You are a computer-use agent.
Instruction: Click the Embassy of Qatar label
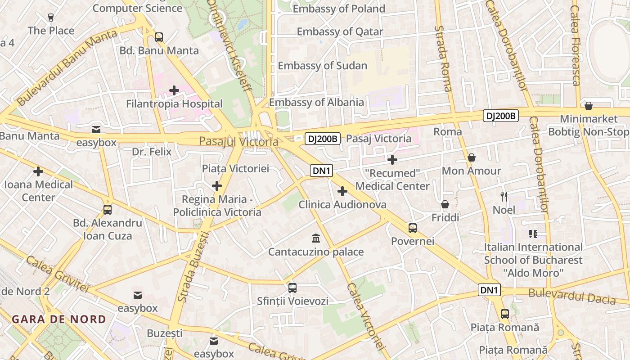pos(340,32)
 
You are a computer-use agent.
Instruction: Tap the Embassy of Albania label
pos(316,102)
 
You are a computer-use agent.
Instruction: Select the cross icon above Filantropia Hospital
pos(174,90)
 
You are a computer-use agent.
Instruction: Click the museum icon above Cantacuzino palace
pos(316,238)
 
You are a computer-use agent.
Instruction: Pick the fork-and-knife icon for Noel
pos(504,196)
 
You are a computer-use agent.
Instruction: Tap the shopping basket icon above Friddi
pos(445,204)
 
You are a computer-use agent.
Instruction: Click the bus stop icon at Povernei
pos(413,228)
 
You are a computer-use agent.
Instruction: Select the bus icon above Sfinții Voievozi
pos(292,288)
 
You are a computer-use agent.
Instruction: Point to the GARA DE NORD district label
pos(59,319)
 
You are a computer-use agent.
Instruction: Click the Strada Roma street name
pos(443,58)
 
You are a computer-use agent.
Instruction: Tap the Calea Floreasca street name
pos(576,45)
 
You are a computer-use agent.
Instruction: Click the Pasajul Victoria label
pos(238,142)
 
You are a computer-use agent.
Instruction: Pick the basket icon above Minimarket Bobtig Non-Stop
pos(588,106)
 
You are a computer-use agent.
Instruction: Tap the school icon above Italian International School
pos(533,234)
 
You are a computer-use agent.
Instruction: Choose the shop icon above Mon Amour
pos(472,157)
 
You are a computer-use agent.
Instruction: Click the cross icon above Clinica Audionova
pos(342,191)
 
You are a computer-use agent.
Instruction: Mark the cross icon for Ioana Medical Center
pos(38,171)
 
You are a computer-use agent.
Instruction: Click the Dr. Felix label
pos(152,152)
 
